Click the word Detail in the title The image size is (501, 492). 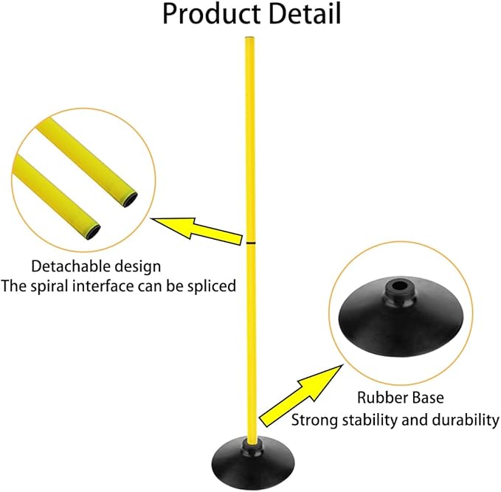click(305, 13)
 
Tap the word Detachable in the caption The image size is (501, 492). click(71, 266)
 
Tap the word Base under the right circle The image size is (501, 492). click(428, 398)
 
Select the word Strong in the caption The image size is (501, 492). click(314, 420)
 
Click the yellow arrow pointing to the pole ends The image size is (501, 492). click(196, 231)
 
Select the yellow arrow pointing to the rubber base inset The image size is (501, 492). click(300, 395)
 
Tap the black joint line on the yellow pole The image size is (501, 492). click(251, 243)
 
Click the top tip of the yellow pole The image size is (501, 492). click(250, 38)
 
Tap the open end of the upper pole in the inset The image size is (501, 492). click(130, 200)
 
